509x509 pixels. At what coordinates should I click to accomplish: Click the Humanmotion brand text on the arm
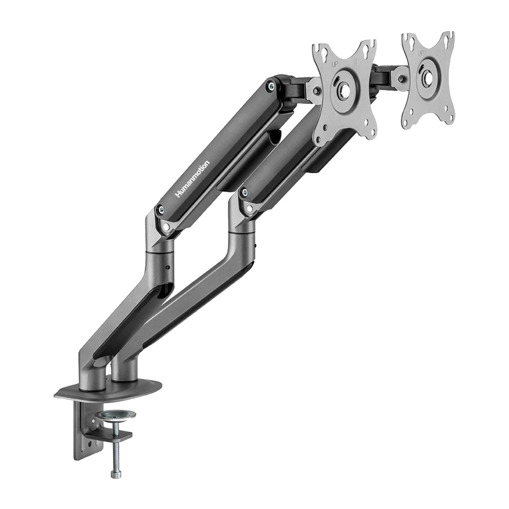[192, 179]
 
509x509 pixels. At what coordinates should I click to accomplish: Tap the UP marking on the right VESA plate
[420, 53]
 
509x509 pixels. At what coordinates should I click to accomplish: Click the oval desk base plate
[108, 390]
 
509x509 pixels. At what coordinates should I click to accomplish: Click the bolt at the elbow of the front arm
[160, 210]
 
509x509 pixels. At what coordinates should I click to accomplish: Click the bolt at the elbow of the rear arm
[243, 193]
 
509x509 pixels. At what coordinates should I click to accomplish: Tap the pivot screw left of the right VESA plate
[401, 78]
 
